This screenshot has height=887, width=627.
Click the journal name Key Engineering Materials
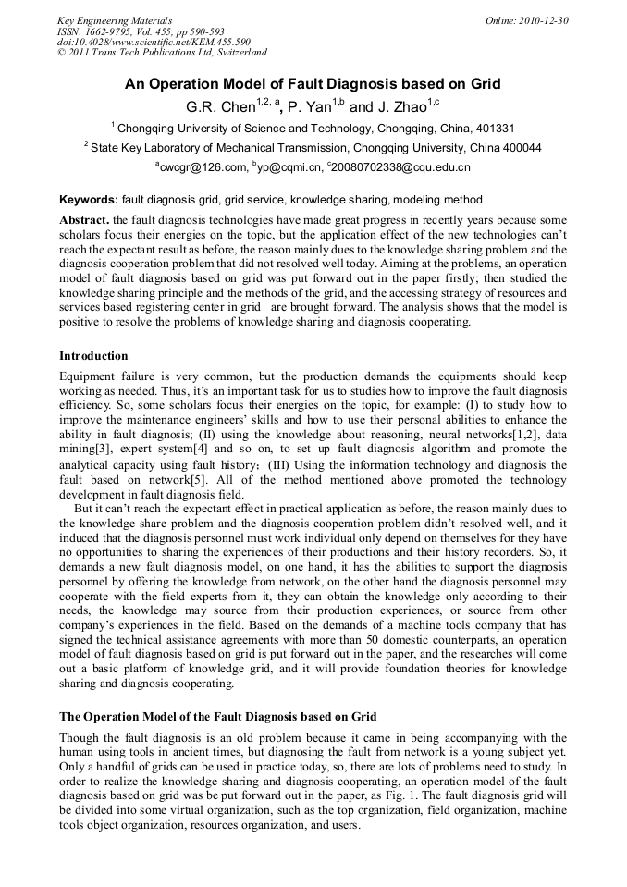[115, 20]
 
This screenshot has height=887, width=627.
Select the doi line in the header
[154, 42]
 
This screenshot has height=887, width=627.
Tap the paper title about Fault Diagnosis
[313, 84]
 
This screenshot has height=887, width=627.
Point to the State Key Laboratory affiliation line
[313, 148]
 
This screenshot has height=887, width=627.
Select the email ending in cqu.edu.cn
[400, 167]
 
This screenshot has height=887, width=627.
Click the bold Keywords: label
[89, 200]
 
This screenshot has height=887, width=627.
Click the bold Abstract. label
[85, 220]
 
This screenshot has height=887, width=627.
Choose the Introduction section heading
[93, 356]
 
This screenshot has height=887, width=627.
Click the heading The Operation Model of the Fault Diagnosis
[217, 717]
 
